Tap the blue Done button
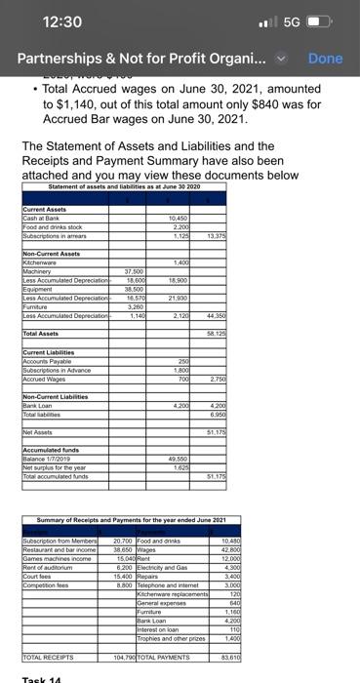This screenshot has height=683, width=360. [325, 59]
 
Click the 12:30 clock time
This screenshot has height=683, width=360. [60, 20]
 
